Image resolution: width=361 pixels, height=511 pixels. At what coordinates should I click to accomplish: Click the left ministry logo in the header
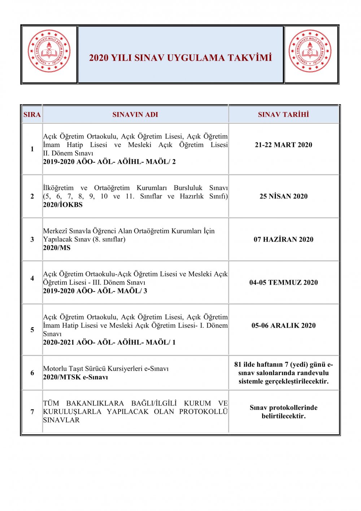point(49,51)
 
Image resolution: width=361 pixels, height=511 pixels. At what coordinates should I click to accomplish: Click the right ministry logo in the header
point(310,51)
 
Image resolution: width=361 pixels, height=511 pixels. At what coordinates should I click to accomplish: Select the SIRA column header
point(32,115)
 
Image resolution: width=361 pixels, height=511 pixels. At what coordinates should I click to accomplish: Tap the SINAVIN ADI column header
point(135,115)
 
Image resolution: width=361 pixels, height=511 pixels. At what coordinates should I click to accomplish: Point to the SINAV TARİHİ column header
point(283,115)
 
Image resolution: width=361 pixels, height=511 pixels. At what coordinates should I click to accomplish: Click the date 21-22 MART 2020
point(283,145)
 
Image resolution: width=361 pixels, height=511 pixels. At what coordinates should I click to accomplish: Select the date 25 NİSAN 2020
point(283,196)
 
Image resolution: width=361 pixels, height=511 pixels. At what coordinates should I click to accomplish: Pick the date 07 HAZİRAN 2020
point(283,239)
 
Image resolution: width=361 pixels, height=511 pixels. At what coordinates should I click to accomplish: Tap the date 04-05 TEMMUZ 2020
point(283,282)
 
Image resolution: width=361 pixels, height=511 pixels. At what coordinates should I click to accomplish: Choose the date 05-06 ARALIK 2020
point(283,325)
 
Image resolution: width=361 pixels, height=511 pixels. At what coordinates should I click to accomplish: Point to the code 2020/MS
point(57,248)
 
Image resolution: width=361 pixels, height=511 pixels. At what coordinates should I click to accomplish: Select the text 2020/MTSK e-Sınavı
point(75,377)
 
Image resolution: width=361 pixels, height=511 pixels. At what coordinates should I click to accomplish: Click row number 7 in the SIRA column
point(32,412)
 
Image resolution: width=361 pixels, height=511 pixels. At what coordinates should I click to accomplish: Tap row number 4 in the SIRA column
point(32,278)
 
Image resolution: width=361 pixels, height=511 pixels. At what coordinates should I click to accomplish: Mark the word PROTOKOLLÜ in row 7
point(204,412)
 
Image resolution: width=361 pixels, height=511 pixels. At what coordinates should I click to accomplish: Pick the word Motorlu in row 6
point(55,369)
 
